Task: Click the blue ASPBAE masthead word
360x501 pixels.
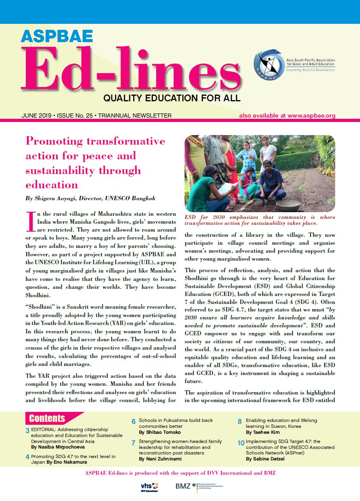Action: point(56,36)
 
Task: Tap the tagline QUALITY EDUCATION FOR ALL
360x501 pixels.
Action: point(172,97)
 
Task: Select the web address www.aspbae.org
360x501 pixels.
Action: point(312,116)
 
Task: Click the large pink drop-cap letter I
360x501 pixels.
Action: point(31,222)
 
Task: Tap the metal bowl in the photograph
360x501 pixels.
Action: point(288,205)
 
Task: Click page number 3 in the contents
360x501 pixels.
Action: point(27,431)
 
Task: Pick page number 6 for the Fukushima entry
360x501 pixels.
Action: point(134,422)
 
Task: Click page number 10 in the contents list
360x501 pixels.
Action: point(241,443)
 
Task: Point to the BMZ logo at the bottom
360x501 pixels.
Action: point(195,486)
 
